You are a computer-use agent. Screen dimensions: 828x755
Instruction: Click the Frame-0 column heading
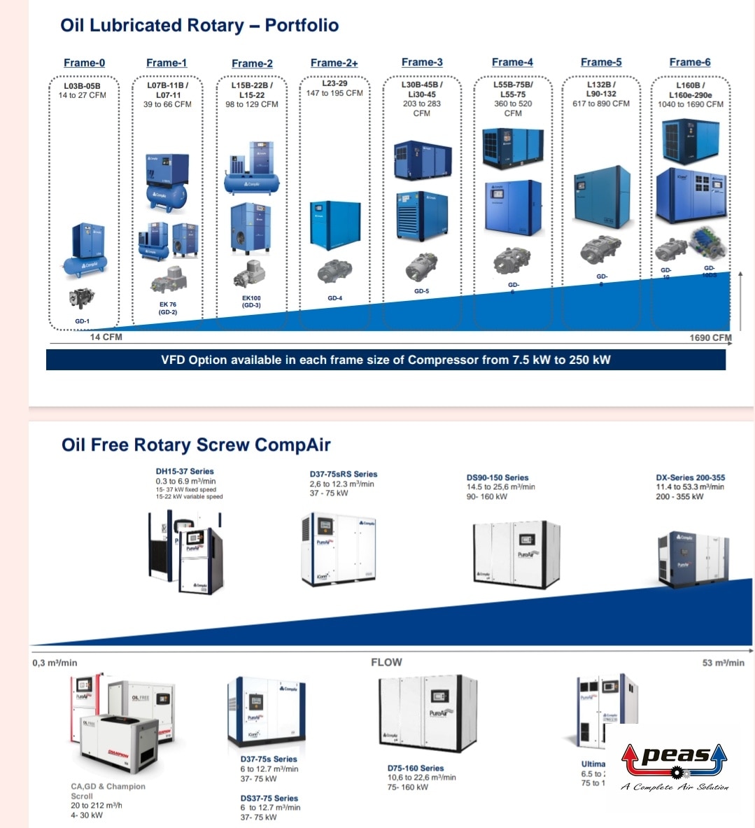(x=84, y=63)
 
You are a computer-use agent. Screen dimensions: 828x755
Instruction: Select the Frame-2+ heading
(x=334, y=63)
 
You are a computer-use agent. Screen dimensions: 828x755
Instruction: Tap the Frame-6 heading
(x=689, y=62)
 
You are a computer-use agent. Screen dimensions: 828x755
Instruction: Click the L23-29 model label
(x=334, y=83)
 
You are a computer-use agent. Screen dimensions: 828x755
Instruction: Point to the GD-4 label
(x=335, y=298)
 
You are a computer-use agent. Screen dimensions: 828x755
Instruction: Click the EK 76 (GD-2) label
(x=168, y=308)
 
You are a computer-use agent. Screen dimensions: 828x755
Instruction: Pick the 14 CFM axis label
(x=106, y=337)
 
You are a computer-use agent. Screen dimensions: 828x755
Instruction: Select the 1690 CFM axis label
(x=710, y=337)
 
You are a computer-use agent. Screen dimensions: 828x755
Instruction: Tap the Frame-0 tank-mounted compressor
(x=87, y=248)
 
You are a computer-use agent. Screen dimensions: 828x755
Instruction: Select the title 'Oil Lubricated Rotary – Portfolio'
(x=199, y=25)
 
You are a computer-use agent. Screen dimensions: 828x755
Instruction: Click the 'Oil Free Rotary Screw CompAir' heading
(x=196, y=445)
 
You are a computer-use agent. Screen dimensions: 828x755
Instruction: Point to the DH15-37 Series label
(x=185, y=472)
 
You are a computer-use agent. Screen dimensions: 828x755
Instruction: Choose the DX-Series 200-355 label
(x=690, y=478)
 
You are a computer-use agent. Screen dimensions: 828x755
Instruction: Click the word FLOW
(x=386, y=662)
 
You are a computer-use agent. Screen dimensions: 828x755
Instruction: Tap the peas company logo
(x=674, y=764)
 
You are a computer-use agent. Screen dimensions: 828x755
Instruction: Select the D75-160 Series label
(x=416, y=768)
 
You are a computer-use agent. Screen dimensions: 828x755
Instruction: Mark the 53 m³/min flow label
(x=723, y=663)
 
